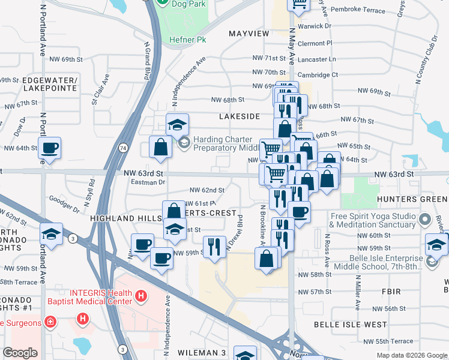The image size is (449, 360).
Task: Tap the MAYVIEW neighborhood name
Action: point(249,34)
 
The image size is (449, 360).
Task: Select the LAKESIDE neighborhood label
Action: point(240,116)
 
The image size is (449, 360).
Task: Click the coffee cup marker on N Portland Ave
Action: point(50,148)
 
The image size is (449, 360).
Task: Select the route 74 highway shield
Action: point(123,147)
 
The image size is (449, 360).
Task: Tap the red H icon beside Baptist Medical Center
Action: point(140,295)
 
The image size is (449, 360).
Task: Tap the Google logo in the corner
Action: point(20,353)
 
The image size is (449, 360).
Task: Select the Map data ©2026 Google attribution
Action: point(411,355)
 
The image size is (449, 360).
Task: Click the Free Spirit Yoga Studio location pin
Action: point(426,219)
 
